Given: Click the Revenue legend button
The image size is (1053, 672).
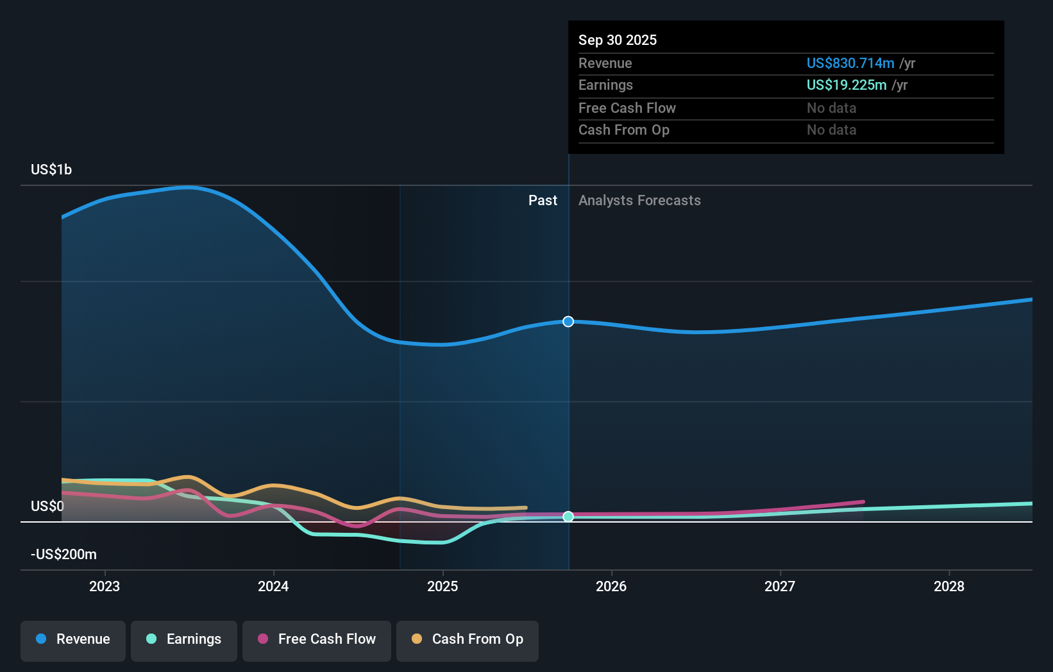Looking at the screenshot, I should pos(73,639).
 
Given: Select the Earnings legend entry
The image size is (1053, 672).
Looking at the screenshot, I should pos(184,639).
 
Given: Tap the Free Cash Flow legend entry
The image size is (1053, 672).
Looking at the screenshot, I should pos(317,639).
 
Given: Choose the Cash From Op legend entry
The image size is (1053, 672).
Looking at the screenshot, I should pos(468,639).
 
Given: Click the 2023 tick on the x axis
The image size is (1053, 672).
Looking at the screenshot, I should pos(105,586).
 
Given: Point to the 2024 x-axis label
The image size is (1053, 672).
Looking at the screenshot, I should pos(273,586).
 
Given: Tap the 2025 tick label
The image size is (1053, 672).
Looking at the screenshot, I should pos(442,586).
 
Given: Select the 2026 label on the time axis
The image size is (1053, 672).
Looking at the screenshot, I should pos(611,586).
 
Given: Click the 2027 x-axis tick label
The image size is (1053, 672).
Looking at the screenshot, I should pos(780,586).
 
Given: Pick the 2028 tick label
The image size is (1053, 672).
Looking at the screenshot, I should pos(948,586).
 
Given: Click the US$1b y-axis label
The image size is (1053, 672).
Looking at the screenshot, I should pos(51,169).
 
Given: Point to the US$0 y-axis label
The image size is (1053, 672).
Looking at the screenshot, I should pos(47,506).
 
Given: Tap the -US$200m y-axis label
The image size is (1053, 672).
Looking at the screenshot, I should pos(63,554).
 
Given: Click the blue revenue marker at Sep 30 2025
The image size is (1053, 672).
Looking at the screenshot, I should pos(568,321).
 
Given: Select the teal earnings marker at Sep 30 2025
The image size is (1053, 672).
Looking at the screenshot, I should pos(568,516).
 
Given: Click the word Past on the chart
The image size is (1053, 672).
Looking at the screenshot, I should pos(543,200).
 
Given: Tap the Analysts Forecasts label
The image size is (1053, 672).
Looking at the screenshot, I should pos(639,200).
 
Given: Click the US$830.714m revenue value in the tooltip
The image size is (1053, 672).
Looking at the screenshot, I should pos(850,63).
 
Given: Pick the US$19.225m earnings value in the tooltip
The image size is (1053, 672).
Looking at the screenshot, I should pos(846,85).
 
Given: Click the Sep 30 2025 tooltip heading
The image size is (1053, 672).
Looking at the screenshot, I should pos(618,40).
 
